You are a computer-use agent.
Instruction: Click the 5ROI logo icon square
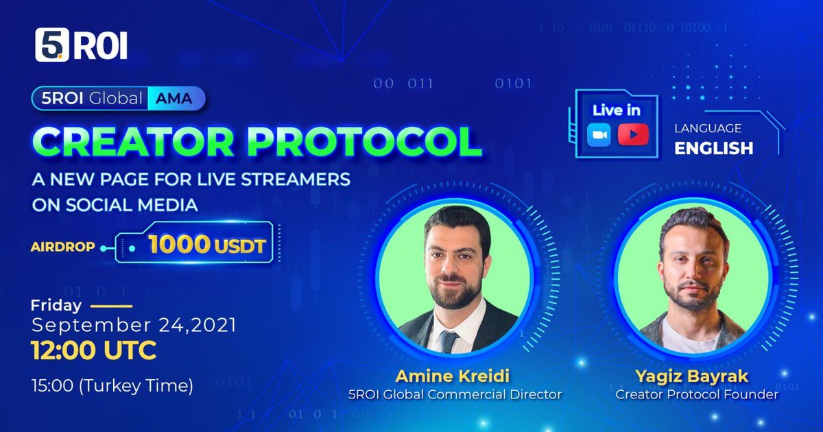click(x=52, y=45)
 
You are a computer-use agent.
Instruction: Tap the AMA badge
click(x=176, y=99)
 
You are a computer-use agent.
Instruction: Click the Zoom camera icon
click(x=599, y=134)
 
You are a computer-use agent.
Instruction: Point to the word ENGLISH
click(x=713, y=147)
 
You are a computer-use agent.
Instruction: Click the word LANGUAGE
click(x=707, y=128)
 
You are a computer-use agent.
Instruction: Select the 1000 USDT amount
click(x=206, y=245)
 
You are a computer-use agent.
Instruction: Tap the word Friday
click(x=56, y=306)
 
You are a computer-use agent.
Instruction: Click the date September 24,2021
click(x=134, y=325)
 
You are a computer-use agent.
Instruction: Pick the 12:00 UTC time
click(x=94, y=351)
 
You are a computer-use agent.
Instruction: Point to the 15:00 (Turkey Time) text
click(x=112, y=385)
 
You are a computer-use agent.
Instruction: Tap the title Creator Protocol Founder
click(x=697, y=394)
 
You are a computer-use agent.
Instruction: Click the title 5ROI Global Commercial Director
click(x=454, y=394)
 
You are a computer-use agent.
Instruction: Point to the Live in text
click(x=616, y=110)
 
